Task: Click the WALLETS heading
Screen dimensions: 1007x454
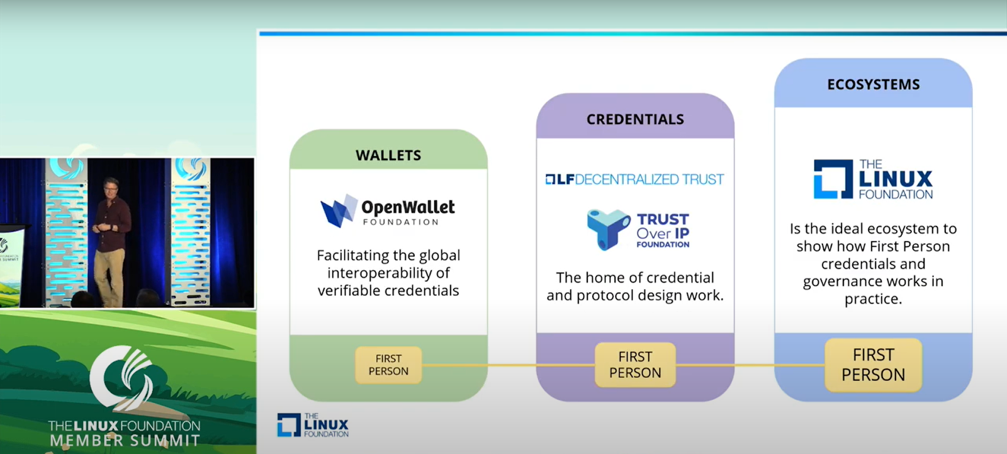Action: point(388,156)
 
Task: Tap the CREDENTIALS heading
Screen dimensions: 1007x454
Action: point(635,119)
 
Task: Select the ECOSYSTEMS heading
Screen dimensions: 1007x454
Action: point(874,84)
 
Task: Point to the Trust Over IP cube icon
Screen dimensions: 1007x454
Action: point(608,229)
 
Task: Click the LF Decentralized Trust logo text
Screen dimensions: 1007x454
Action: point(635,179)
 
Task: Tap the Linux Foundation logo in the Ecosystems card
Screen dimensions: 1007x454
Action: point(873,179)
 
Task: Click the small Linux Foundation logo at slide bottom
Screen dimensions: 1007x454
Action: point(313,425)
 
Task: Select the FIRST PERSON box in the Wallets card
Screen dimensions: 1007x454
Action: point(388,365)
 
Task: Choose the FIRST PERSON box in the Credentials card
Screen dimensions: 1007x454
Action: point(635,365)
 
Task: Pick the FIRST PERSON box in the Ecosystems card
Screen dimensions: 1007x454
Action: point(874,365)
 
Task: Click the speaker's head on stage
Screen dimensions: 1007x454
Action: point(111,188)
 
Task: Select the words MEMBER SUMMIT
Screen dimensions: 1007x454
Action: point(125,441)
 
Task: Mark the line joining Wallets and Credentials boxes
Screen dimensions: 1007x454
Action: point(509,365)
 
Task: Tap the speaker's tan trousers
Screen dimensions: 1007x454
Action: point(109,275)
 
